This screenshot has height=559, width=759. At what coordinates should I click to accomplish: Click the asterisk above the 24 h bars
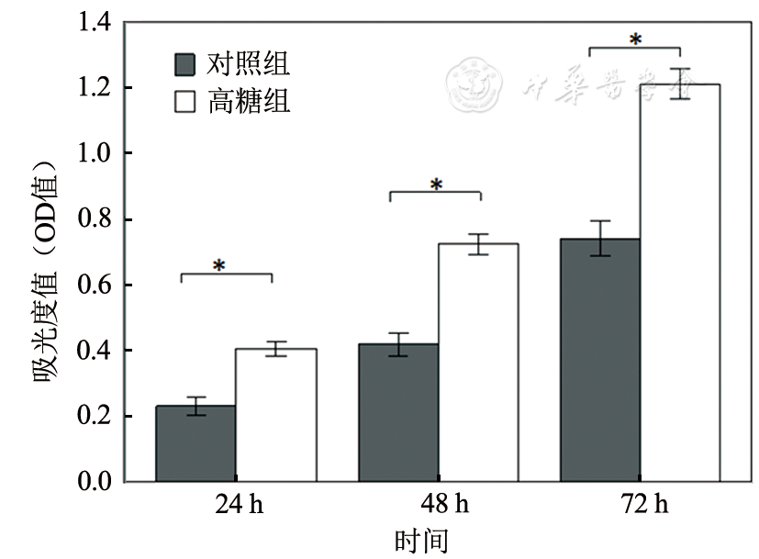coord(219,266)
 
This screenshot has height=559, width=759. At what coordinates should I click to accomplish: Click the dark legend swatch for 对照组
coord(185,64)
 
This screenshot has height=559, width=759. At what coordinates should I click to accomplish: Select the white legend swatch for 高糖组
coord(185,101)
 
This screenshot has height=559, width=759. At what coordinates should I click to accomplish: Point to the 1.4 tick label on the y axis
coord(95,23)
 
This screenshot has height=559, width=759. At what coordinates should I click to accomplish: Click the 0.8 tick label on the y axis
coord(95,219)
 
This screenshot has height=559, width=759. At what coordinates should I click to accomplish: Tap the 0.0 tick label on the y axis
coord(95,481)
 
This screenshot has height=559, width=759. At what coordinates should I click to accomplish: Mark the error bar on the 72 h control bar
coord(600,238)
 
